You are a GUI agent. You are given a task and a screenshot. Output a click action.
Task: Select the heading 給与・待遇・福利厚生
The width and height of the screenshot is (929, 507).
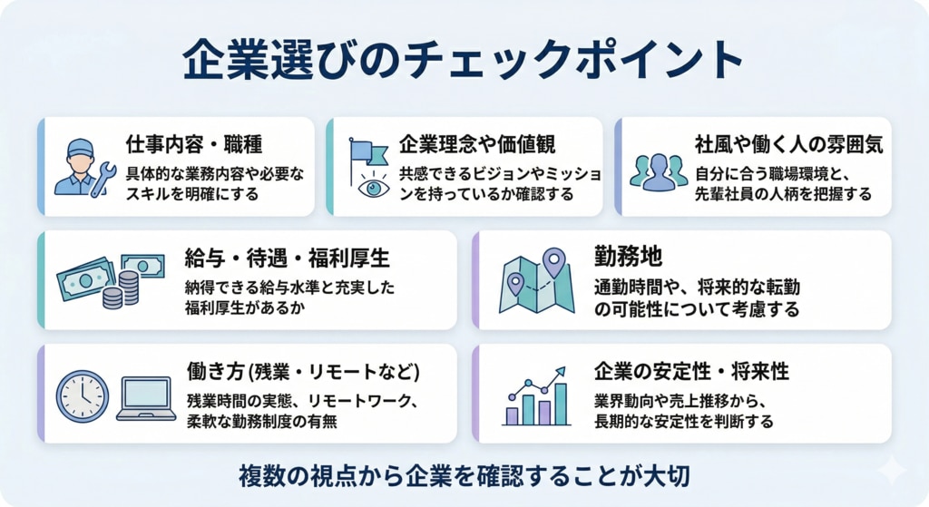288,258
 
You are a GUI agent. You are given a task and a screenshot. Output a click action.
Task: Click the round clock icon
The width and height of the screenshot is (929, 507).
82,395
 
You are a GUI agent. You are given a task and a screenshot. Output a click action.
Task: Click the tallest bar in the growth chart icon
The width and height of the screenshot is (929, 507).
560,404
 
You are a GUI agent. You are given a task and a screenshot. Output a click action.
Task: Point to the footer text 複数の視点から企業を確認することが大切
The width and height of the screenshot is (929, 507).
465,473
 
